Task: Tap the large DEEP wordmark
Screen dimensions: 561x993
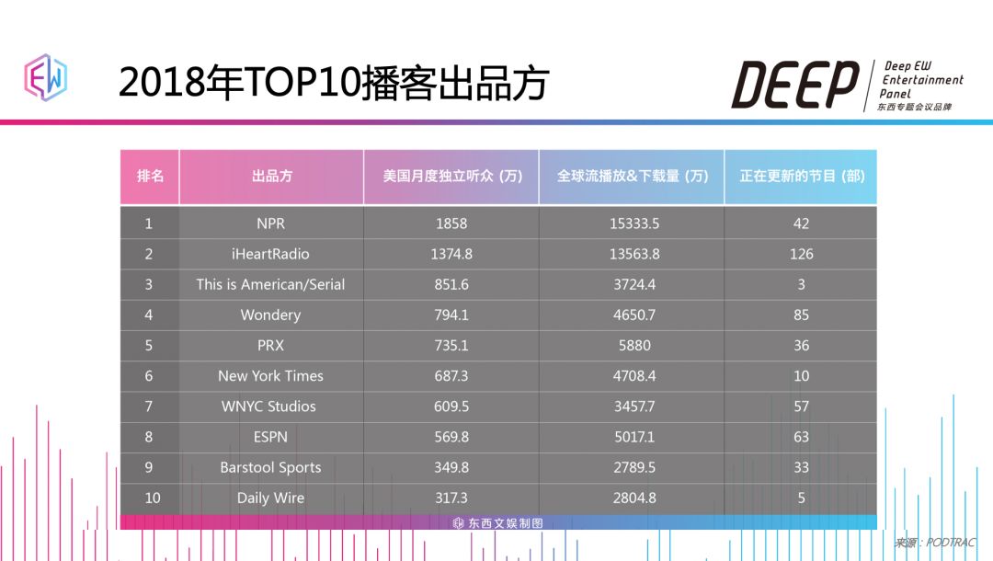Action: pos(794,86)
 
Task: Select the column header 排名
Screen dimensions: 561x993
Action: pos(150,176)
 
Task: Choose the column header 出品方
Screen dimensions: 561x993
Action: pos(271,176)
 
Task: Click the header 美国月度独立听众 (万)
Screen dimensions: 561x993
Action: pos(451,176)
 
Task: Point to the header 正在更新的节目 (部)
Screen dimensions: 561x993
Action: pos(801,176)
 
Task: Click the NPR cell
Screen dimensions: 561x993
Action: pos(271,223)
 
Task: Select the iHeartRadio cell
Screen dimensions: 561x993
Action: pos(271,254)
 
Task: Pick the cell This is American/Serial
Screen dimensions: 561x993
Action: pos(270,284)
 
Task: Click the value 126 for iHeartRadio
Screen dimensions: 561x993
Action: pos(801,254)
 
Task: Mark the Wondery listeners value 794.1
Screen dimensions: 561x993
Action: pos(451,315)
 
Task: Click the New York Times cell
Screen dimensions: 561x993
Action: pos(270,375)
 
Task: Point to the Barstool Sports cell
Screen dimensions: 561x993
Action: pos(270,467)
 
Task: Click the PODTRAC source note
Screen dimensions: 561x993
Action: pos(935,543)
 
